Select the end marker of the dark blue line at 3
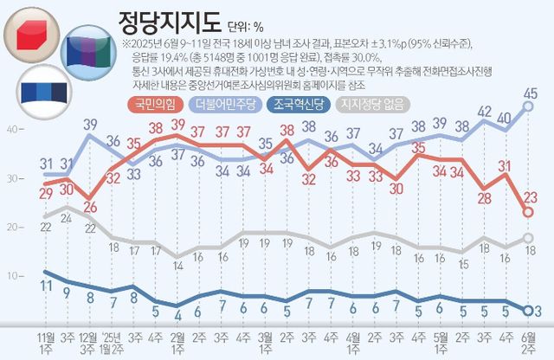click(527, 310)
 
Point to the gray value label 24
click(68, 220)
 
